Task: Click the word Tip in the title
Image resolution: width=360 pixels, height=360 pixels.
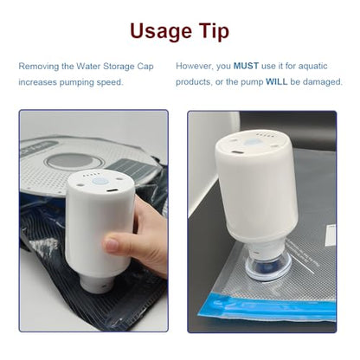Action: coord(215,31)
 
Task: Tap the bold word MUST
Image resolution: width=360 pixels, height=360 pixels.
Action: coord(246,66)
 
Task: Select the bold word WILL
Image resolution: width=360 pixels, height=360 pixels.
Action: coord(277,82)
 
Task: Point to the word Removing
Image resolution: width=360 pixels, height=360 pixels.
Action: coord(39,67)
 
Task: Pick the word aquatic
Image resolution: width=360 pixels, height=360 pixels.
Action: coord(313,67)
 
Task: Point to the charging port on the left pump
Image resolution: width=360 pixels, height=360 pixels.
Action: coord(112,191)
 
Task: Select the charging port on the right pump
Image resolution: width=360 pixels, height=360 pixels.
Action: coord(237,152)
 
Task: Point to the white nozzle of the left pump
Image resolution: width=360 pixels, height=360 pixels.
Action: coord(97,284)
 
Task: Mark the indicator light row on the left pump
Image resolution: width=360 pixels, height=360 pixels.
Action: coord(92,175)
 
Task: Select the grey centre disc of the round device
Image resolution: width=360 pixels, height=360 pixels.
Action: coord(74,160)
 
